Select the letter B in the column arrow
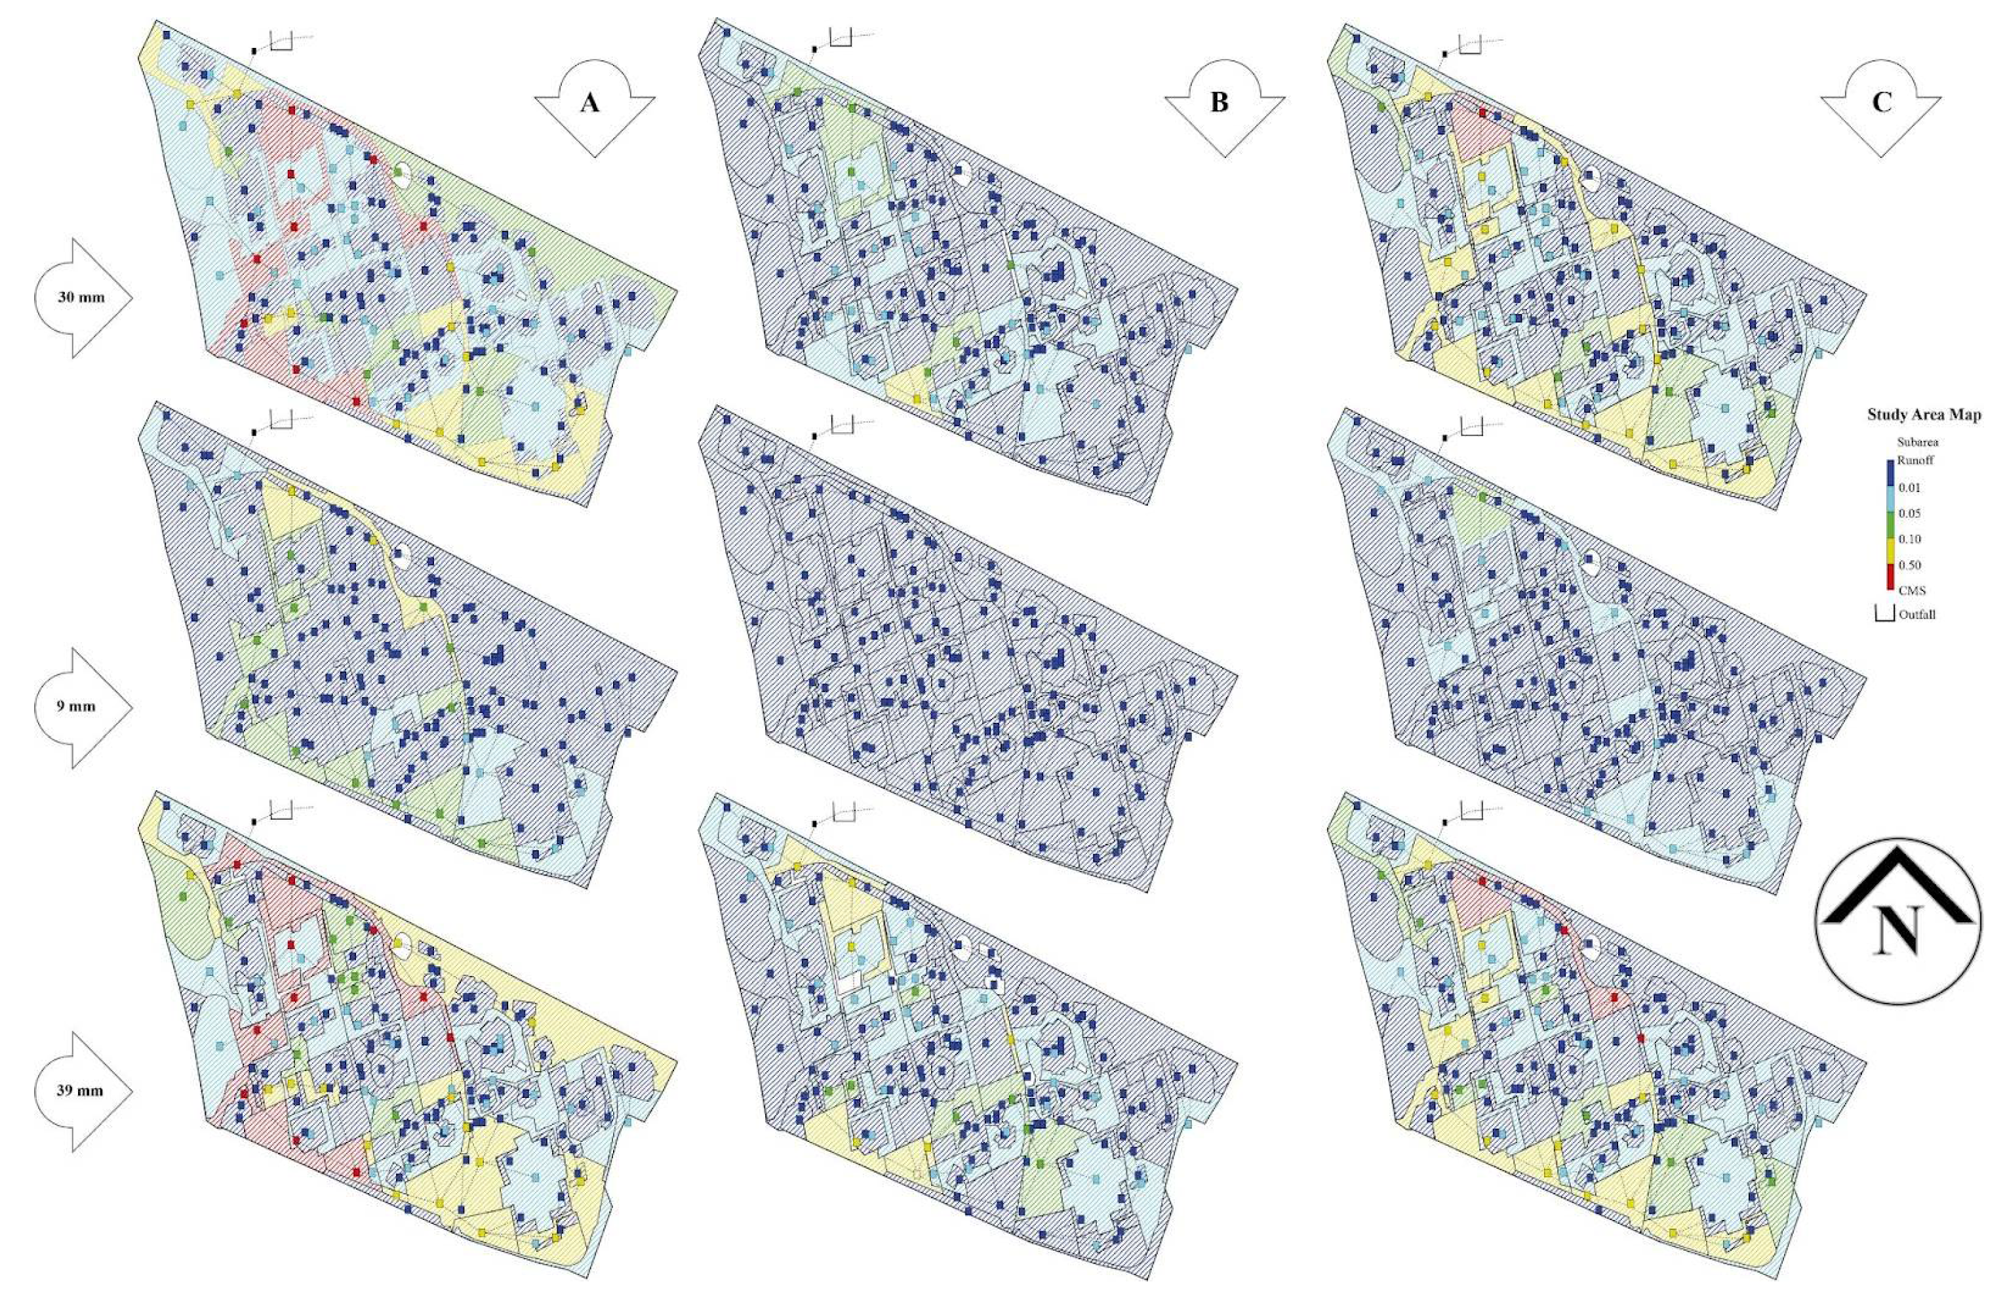(x=1219, y=104)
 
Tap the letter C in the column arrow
(x=1880, y=103)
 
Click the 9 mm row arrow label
(x=76, y=706)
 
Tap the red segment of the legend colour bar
(x=1884, y=577)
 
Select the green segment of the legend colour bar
(x=1884, y=526)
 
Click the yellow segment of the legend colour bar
(x=1884, y=552)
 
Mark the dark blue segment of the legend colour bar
(x=1884, y=474)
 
